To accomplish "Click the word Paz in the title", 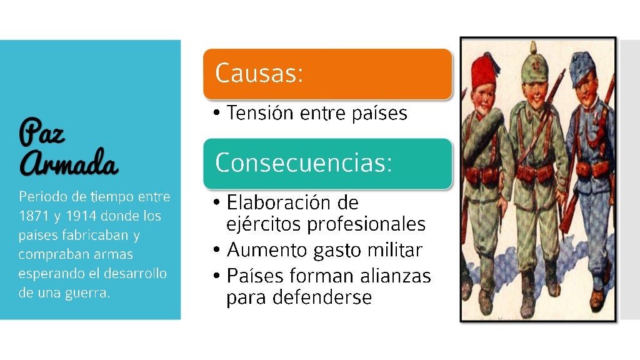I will (42, 132).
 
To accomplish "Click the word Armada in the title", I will (69, 164).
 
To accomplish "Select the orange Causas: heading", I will (259, 73).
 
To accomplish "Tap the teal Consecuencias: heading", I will (304, 163).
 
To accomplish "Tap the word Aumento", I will (266, 250).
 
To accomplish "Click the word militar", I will (396, 250).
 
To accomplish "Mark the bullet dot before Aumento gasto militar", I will (216, 251).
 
